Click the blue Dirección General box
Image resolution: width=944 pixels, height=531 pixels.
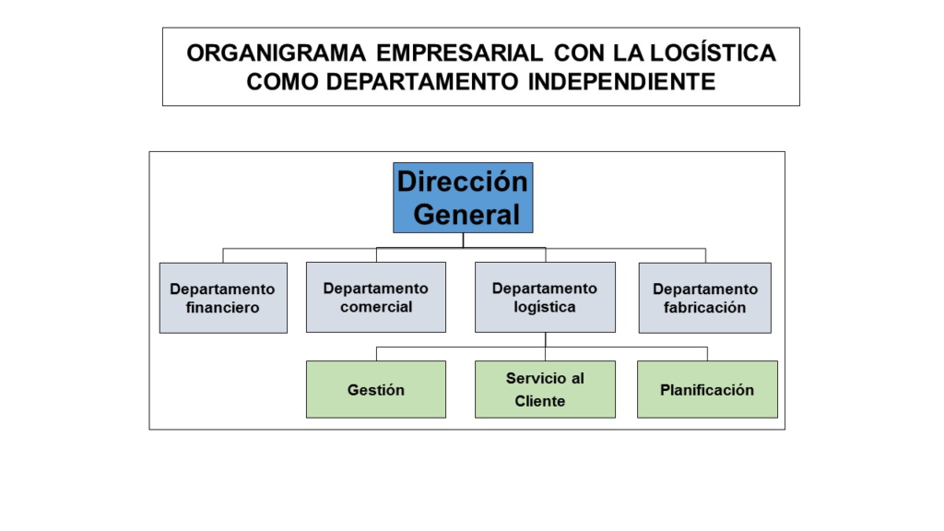(x=463, y=197)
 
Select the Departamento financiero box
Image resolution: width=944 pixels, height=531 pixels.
(x=223, y=298)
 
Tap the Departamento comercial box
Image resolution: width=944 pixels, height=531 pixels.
(x=376, y=298)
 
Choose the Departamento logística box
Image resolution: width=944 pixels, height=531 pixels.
(x=546, y=298)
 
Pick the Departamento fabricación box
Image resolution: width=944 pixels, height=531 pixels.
(x=705, y=298)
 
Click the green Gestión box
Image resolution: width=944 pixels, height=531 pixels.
(x=376, y=390)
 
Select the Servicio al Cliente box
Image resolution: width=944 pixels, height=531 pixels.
(x=546, y=390)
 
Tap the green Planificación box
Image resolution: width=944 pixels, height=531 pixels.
(x=707, y=390)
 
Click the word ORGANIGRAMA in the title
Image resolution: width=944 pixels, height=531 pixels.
(x=277, y=53)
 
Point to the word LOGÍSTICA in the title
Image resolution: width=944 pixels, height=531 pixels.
(x=713, y=53)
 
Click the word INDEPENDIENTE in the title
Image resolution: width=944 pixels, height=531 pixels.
(x=622, y=81)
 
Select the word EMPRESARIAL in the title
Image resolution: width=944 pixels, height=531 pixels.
(x=459, y=53)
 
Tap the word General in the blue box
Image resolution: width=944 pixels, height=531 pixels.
(x=466, y=214)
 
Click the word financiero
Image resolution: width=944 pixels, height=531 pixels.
(x=223, y=308)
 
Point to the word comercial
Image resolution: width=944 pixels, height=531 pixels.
(x=376, y=307)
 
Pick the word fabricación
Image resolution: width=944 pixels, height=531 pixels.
(x=705, y=308)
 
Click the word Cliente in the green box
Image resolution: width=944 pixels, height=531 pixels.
(x=540, y=402)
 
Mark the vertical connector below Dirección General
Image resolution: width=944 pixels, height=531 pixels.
(x=463, y=241)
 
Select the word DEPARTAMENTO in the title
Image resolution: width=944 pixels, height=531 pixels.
(x=422, y=81)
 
